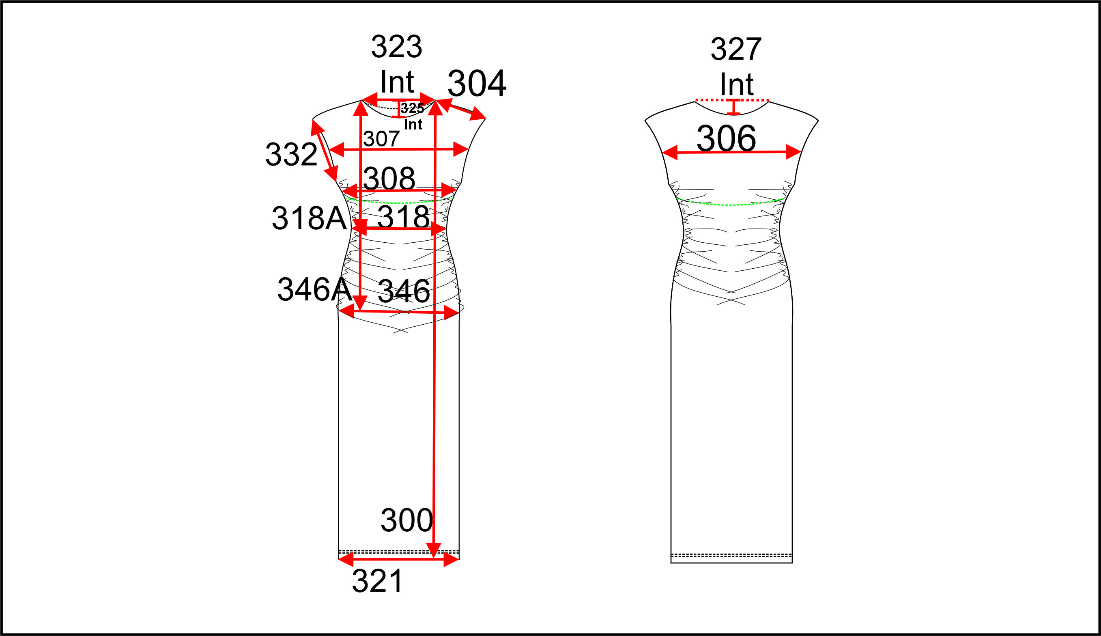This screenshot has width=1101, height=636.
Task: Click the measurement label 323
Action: pyautogui.click(x=396, y=46)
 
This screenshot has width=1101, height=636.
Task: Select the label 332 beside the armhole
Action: pyautogui.click(x=291, y=154)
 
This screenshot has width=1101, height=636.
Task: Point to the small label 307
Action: pyautogui.click(x=381, y=139)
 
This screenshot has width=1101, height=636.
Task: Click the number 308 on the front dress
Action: pyautogui.click(x=389, y=178)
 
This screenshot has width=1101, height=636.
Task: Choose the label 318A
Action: pyautogui.click(x=309, y=218)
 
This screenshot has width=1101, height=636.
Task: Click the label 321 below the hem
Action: pyautogui.click(x=378, y=581)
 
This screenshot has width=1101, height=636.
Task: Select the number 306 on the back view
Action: pyautogui.click(x=726, y=138)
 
